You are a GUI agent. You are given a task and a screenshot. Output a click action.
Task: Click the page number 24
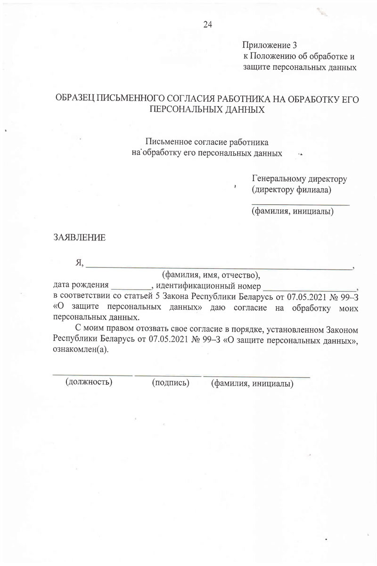click(207, 25)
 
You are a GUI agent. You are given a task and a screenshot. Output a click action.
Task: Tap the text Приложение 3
click(270, 46)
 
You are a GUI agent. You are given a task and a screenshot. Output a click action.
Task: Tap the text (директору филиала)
click(292, 190)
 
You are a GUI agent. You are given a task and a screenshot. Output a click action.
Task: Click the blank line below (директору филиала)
click(301, 205)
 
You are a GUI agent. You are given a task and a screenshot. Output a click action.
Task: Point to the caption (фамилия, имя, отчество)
click(211, 275)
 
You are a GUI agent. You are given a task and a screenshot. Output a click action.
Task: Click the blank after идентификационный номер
click(311, 288)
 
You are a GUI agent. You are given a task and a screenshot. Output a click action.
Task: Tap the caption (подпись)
click(170, 383)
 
